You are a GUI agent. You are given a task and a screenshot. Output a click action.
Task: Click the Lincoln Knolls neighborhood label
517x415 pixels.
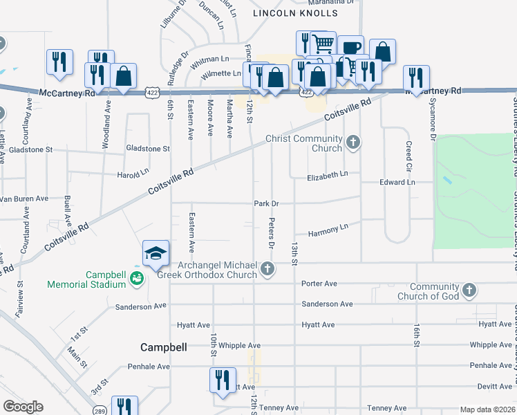[295, 13]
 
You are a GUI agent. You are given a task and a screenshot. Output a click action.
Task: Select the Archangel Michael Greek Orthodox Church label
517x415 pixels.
[218, 270]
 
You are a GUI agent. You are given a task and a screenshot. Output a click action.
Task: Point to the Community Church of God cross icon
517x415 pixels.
[469, 291]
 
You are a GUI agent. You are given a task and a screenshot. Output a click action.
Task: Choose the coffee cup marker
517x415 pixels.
[350, 48]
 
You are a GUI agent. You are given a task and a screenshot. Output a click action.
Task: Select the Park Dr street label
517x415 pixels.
[266, 203]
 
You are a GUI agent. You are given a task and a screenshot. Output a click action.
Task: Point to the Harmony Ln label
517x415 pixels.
[328, 226]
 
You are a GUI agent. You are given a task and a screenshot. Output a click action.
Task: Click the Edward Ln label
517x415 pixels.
[397, 183]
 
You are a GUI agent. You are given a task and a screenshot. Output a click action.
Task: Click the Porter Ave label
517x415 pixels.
[319, 284]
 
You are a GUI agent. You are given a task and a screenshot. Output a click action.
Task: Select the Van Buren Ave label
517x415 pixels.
[24, 199]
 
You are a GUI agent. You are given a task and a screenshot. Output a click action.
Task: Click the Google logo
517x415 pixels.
[23, 407]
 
